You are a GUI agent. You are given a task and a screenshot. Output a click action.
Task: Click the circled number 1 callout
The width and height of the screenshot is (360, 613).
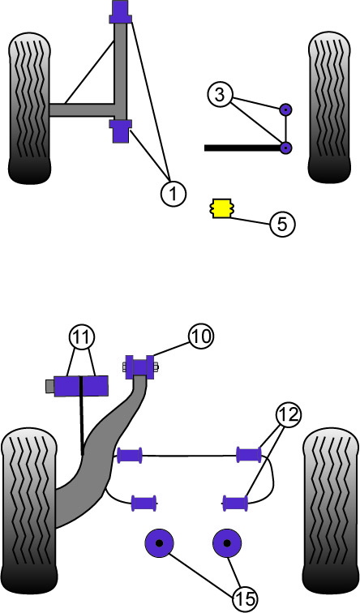[x=174, y=193]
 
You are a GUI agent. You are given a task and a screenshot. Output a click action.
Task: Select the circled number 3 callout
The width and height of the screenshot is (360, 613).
[x=220, y=96]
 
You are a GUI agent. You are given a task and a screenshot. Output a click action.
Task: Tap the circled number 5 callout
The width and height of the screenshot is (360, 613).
[x=282, y=224]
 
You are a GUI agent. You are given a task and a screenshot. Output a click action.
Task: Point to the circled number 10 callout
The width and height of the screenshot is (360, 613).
[x=201, y=337]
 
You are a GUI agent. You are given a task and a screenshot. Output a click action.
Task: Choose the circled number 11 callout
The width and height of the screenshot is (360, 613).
[x=82, y=337]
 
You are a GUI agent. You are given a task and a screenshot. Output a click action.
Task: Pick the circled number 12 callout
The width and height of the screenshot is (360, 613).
[x=288, y=414]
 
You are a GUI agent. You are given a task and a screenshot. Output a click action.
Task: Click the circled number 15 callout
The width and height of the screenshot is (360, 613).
[x=246, y=598]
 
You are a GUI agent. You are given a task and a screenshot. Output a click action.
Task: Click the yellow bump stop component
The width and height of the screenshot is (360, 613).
[x=221, y=208]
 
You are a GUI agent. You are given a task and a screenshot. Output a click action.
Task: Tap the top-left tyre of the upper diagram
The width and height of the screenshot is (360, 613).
[x=29, y=109]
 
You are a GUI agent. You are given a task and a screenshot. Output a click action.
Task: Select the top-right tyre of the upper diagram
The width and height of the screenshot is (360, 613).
[x=329, y=107]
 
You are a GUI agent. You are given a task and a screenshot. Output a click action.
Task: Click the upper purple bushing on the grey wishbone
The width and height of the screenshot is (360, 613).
[x=120, y=12]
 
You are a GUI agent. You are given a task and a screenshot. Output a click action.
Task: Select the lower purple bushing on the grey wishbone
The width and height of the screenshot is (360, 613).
[x=120, y=131]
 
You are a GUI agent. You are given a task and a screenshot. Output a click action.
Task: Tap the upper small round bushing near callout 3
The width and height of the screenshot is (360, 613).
[x=285, y=110]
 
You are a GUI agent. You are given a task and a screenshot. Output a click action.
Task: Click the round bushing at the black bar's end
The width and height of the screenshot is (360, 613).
[x=286, y=148]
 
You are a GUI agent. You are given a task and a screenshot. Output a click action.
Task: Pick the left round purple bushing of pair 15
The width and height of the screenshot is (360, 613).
[x=159, y=543]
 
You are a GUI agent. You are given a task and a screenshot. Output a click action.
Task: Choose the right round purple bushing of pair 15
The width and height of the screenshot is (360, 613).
[x=227, y=543]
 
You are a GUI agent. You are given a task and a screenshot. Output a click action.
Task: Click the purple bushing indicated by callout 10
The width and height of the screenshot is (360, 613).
[x=140, y=367]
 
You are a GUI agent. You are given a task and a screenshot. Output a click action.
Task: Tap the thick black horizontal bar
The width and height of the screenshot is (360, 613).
[x=242, y=148]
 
